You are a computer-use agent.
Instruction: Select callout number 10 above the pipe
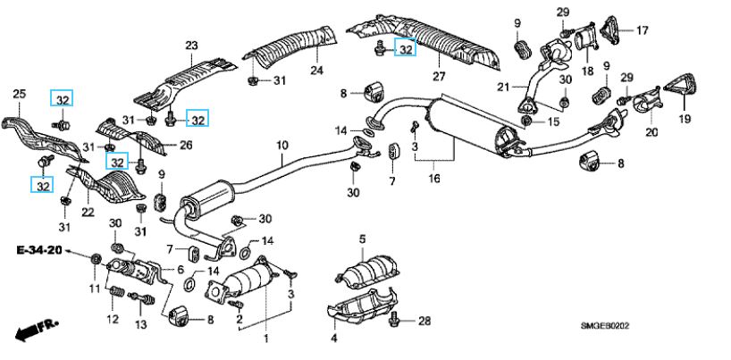(x=281, y=145)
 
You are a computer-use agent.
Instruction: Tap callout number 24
(x=315, y=71)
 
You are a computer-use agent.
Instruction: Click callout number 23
(x=190, y=46)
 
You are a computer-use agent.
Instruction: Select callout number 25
(x=20, y=92)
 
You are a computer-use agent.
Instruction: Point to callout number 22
(x=87, y=211)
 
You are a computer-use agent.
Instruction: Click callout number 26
(x=185, y=147)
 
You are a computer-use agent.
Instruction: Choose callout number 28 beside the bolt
(x=424, y=321)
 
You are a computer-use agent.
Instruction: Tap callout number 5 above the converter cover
(x=363, y=239)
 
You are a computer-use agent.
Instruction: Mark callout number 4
(x=333, y=339)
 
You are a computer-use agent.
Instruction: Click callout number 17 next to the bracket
(x=642, y=30)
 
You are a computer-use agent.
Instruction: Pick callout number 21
(x=502, y=87)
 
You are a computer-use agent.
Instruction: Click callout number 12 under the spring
(x=113, y=319)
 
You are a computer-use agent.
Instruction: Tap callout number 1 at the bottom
(x=265, y=339)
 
